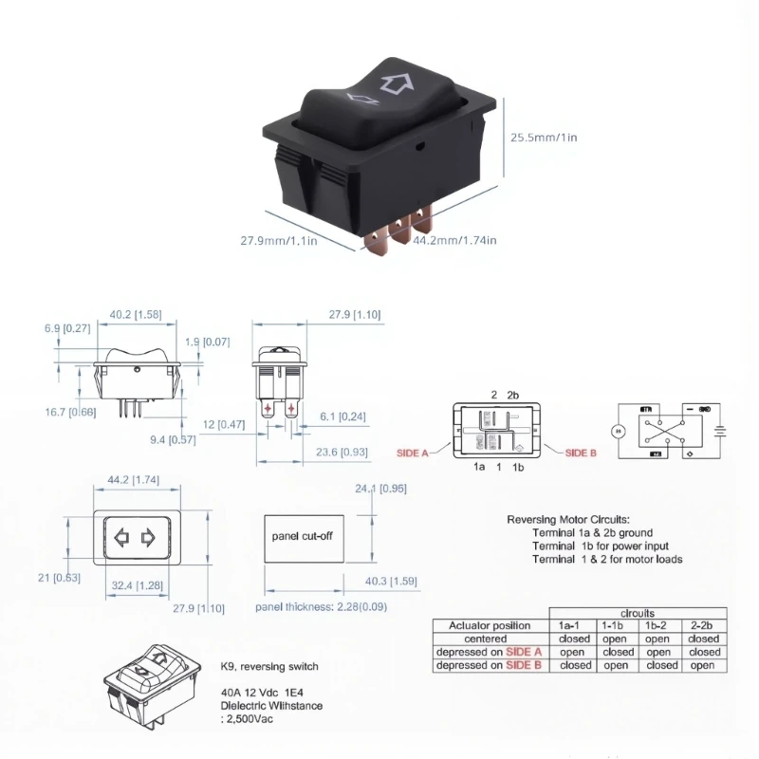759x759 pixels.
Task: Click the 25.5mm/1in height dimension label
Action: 545,138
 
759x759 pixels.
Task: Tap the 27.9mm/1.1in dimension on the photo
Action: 277,240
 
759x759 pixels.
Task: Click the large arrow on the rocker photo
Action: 392,83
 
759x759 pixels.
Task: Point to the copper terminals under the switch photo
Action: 398,232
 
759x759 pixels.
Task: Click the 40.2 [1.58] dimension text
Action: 134,315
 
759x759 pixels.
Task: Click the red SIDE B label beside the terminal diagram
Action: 581,454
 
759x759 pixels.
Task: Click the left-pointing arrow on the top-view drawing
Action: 120,538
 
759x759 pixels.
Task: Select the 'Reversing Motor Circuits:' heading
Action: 567,520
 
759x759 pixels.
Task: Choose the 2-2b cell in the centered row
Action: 703,639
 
